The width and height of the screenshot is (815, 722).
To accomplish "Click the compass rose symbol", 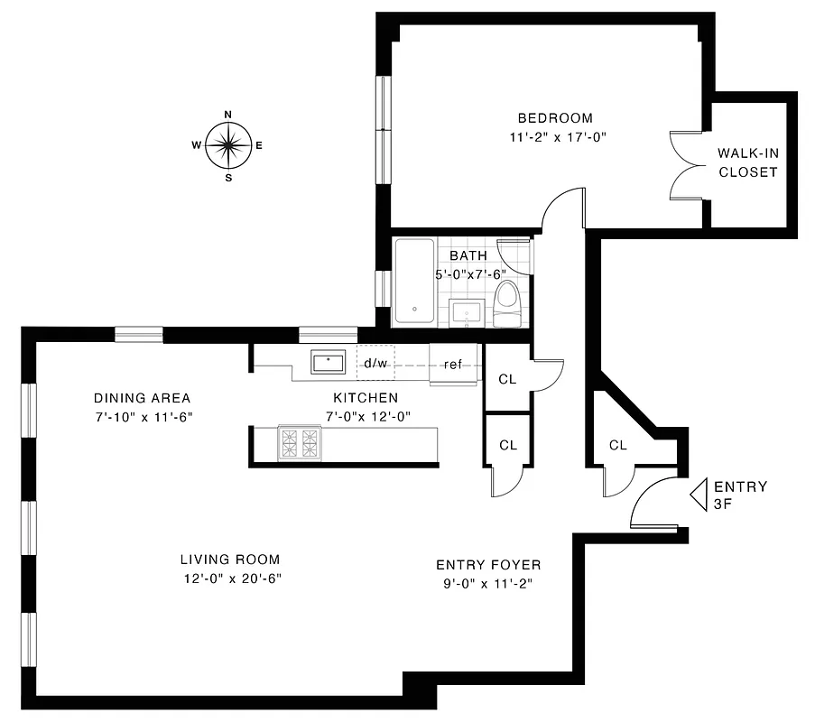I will pos(228,145).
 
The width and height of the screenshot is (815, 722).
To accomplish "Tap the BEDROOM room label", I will pos(554,118).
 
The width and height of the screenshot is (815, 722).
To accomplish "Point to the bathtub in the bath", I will pos(415,282).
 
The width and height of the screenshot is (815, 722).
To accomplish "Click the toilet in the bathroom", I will pos(507,301).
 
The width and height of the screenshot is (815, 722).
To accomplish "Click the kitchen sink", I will pos(328,362).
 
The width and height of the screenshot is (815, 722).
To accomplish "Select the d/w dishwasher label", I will pos(375,365).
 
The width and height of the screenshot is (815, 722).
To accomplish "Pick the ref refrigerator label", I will pos(452,365).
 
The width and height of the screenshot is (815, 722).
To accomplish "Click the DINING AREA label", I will pos(142,398).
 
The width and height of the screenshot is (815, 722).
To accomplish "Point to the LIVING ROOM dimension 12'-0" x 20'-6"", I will pos(229,579).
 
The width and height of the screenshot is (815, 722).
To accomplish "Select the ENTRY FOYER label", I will pos(488,565).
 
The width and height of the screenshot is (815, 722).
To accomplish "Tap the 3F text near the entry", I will pos(722,504).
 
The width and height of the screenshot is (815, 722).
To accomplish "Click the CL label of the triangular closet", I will pos(617,445).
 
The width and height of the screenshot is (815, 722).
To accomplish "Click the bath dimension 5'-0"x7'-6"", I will pos(470,273).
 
